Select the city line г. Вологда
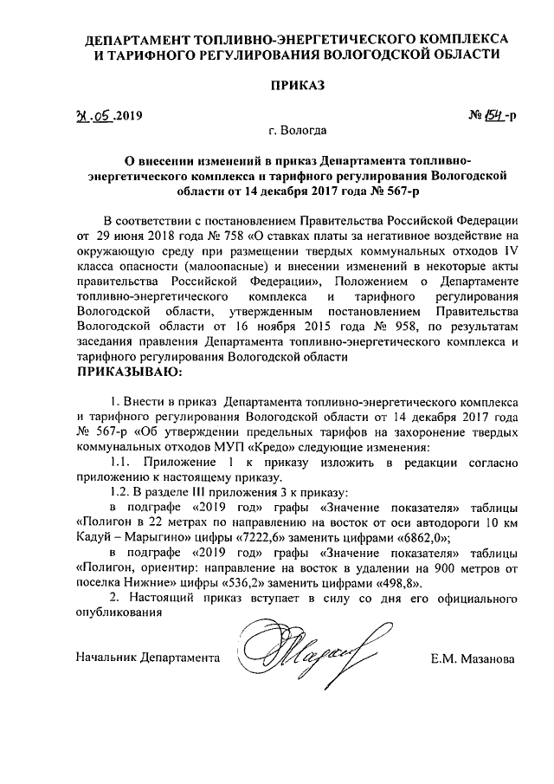tap(297, 133)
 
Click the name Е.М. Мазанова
tap(473, 659)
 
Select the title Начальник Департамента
tap(145, 659)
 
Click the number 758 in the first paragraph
tap(236, 234)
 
